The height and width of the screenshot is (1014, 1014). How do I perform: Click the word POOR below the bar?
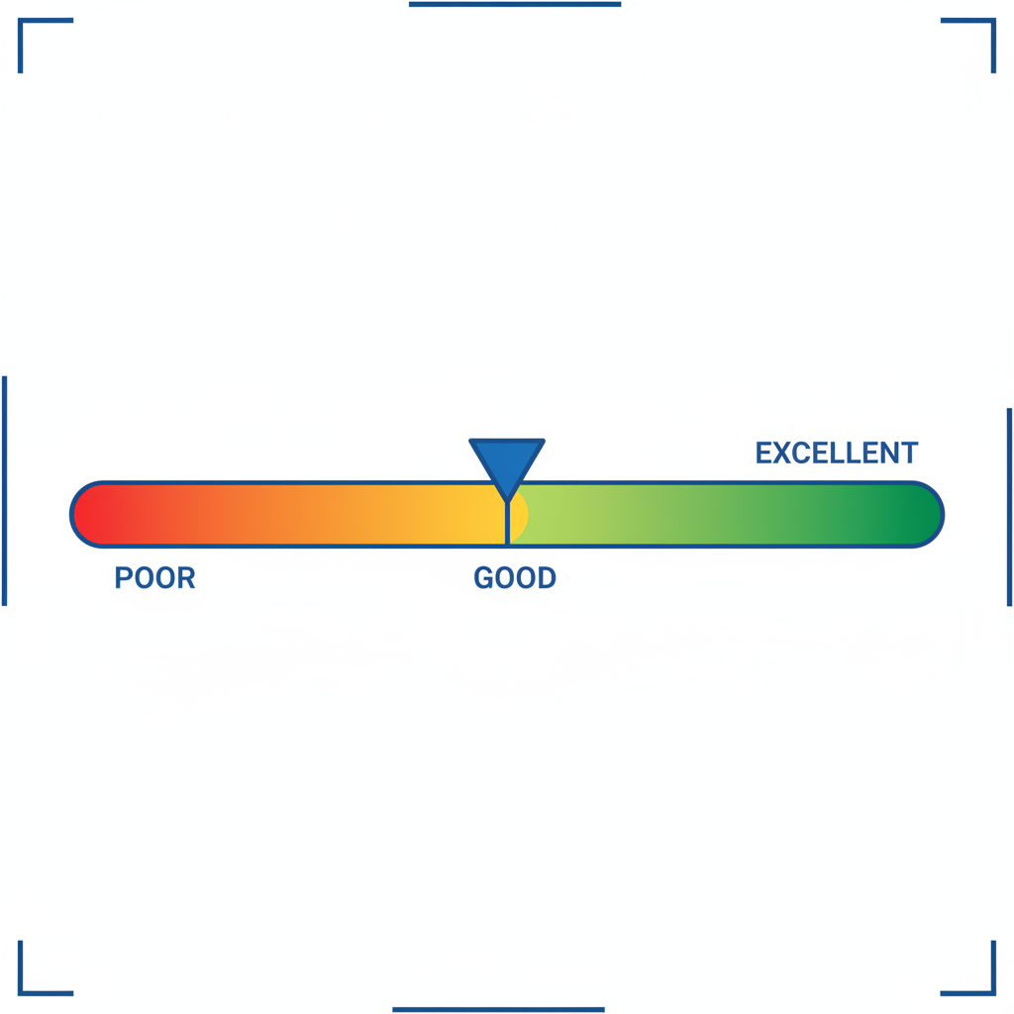coord(154,578)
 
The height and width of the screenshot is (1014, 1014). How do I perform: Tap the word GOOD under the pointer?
coord(515,578)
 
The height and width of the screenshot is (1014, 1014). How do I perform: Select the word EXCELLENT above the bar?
coord(837,454)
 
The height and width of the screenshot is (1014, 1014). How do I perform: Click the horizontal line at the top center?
coord(515,5)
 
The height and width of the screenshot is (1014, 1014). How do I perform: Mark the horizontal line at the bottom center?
coord(498,1009)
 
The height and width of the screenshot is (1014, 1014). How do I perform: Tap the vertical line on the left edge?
coord(5,490)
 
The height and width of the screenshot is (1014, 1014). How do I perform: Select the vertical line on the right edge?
coord(1009,505)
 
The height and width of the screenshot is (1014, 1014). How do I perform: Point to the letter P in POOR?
coord(123,578)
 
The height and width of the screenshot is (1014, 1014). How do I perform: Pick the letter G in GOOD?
coord(483,578)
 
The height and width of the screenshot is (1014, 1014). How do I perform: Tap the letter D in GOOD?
coord(547,578)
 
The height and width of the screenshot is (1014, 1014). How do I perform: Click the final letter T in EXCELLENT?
coord(910,454)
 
